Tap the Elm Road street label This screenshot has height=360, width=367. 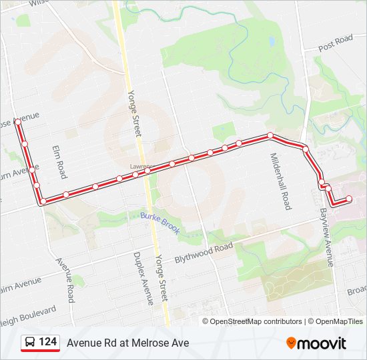point(59,162)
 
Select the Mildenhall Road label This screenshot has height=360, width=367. point(280,181)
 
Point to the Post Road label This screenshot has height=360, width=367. point(335,44)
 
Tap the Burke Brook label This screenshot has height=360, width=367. point(160,223)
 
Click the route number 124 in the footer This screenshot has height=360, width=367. point(47,342)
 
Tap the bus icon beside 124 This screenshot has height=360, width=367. point(30,343)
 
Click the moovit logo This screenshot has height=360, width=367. point(316,343)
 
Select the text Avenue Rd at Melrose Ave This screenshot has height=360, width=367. point(127,343)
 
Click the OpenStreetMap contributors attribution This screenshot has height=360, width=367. point(256,321)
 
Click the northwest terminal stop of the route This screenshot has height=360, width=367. point(17,123)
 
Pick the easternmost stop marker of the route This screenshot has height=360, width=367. point(348,199)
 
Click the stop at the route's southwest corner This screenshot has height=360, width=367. point(43,201)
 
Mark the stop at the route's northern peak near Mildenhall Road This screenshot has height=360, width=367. point(270,135)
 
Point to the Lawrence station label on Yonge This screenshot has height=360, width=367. point(141,166)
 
